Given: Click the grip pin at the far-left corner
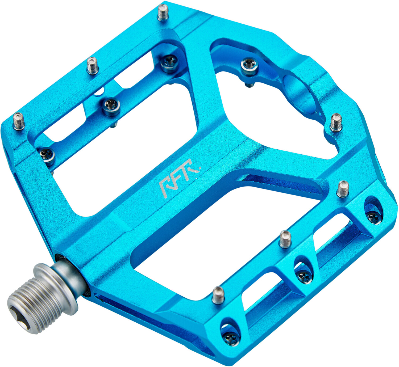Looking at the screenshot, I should coord(19,121).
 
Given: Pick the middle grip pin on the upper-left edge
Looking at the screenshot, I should coord(93,65).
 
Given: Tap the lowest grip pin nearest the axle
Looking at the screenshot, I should coord(218,295).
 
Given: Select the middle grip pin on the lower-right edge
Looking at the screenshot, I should coord(285,239).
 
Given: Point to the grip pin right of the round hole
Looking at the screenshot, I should coord(336,122).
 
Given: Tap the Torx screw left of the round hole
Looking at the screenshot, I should coord(250,66).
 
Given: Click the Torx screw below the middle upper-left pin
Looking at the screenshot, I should coord(111,106).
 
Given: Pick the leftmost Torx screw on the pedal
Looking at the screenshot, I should coord(47,154).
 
